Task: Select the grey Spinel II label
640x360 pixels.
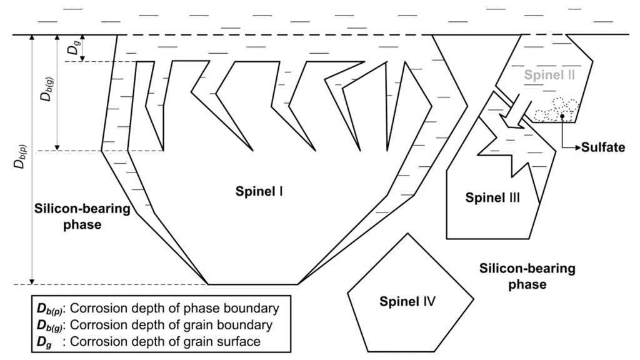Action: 546,76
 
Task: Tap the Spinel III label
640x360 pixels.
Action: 493,198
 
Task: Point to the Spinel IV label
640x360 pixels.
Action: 407,302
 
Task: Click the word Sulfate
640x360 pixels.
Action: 602,147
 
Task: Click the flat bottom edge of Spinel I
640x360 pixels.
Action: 253,284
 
